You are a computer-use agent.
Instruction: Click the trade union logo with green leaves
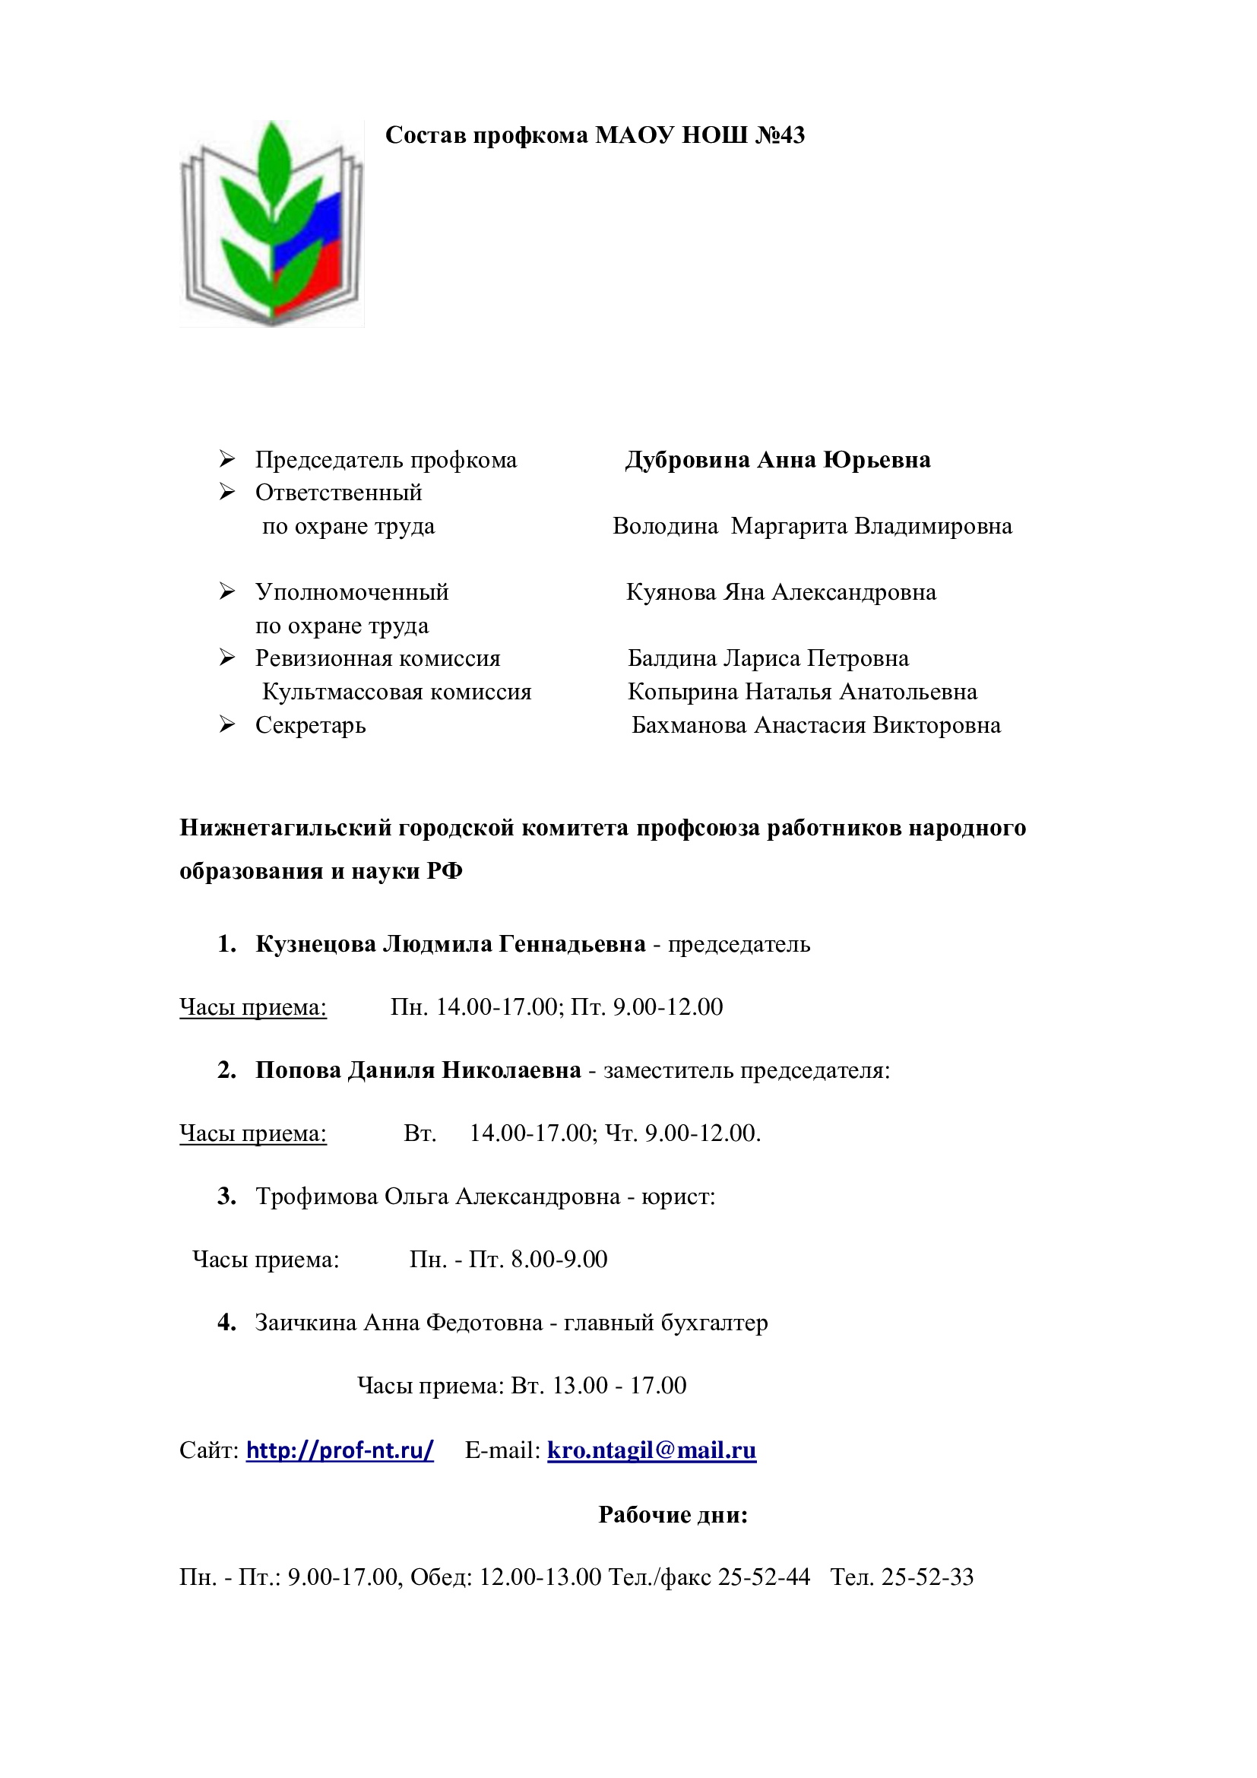(271, 223)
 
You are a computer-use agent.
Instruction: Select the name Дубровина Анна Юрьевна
(777, 460)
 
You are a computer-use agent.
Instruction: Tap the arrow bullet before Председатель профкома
(226, 459)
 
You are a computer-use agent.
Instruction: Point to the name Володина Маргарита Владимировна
(812, 527)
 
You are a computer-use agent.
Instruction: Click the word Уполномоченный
(351, 592)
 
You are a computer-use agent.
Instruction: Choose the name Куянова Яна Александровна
(781, 592)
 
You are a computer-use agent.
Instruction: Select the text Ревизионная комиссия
(378, 658)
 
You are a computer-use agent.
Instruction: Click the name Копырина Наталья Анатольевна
(802, 692)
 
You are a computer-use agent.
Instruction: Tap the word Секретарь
(310, 726)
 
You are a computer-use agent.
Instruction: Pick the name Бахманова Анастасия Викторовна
(815, 726)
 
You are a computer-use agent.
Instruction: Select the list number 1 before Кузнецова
(226, 944)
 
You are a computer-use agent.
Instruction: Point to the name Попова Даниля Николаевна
(418, 1070)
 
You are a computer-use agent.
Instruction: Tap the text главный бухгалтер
(666, 1323)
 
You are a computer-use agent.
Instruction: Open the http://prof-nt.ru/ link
(340, 1450)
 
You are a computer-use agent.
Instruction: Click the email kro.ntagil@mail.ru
(651, 1450)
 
